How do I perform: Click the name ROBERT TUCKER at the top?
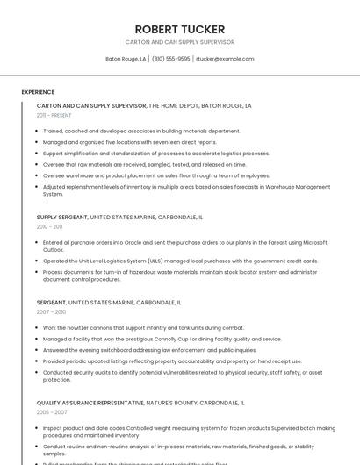pyautogui.click(x=180, y=29)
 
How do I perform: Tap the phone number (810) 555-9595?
pyautogui.click(x=170, y=59)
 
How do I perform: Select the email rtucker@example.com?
pyautogui.click(x=225, y=59)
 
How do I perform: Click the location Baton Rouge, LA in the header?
pyautogui.click(x=126, y=59)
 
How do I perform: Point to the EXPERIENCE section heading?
pyautogui.click(x=38, y=92)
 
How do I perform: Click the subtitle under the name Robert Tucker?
pyautogui.click(x=180, y=42)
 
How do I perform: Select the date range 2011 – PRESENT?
pyautogui.click(x=54, y=115)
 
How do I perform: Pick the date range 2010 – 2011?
pyautogui.click(x=49, y=226)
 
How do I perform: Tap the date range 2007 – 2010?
pyautogui.click(x=51, y=311)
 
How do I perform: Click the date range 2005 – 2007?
pyautogui.click(x=51, y=411)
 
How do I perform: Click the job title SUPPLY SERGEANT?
pyautogui.click(x=62, y=217)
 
